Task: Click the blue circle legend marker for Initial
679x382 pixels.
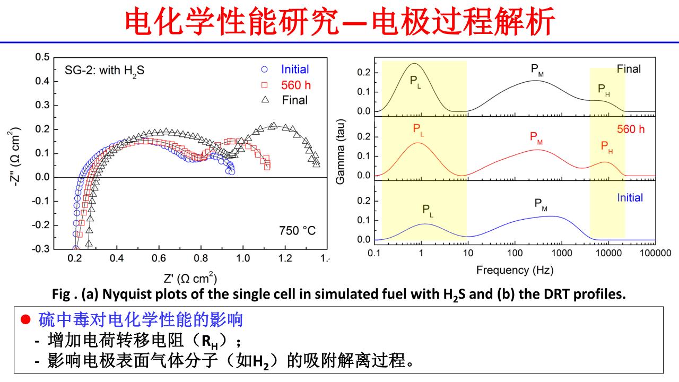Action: pyautogui.click(x=265, y=70)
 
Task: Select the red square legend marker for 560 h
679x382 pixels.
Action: pyautogui.click(x=265, y=85)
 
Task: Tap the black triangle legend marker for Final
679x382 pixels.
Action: pyautogui.click(x=265, y=100)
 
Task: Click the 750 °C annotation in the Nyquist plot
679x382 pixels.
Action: pyautogui.click(x=297, y=231)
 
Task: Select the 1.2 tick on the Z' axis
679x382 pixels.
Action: pyautogui.click(x=285, y=258)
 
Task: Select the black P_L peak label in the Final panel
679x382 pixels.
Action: pyautogui.click(x=415, y=81)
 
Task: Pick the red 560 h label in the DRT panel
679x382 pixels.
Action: pyautogui.click(x=631, y=129)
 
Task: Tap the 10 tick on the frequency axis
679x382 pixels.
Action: pyautogui.click(x=468, y=253)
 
